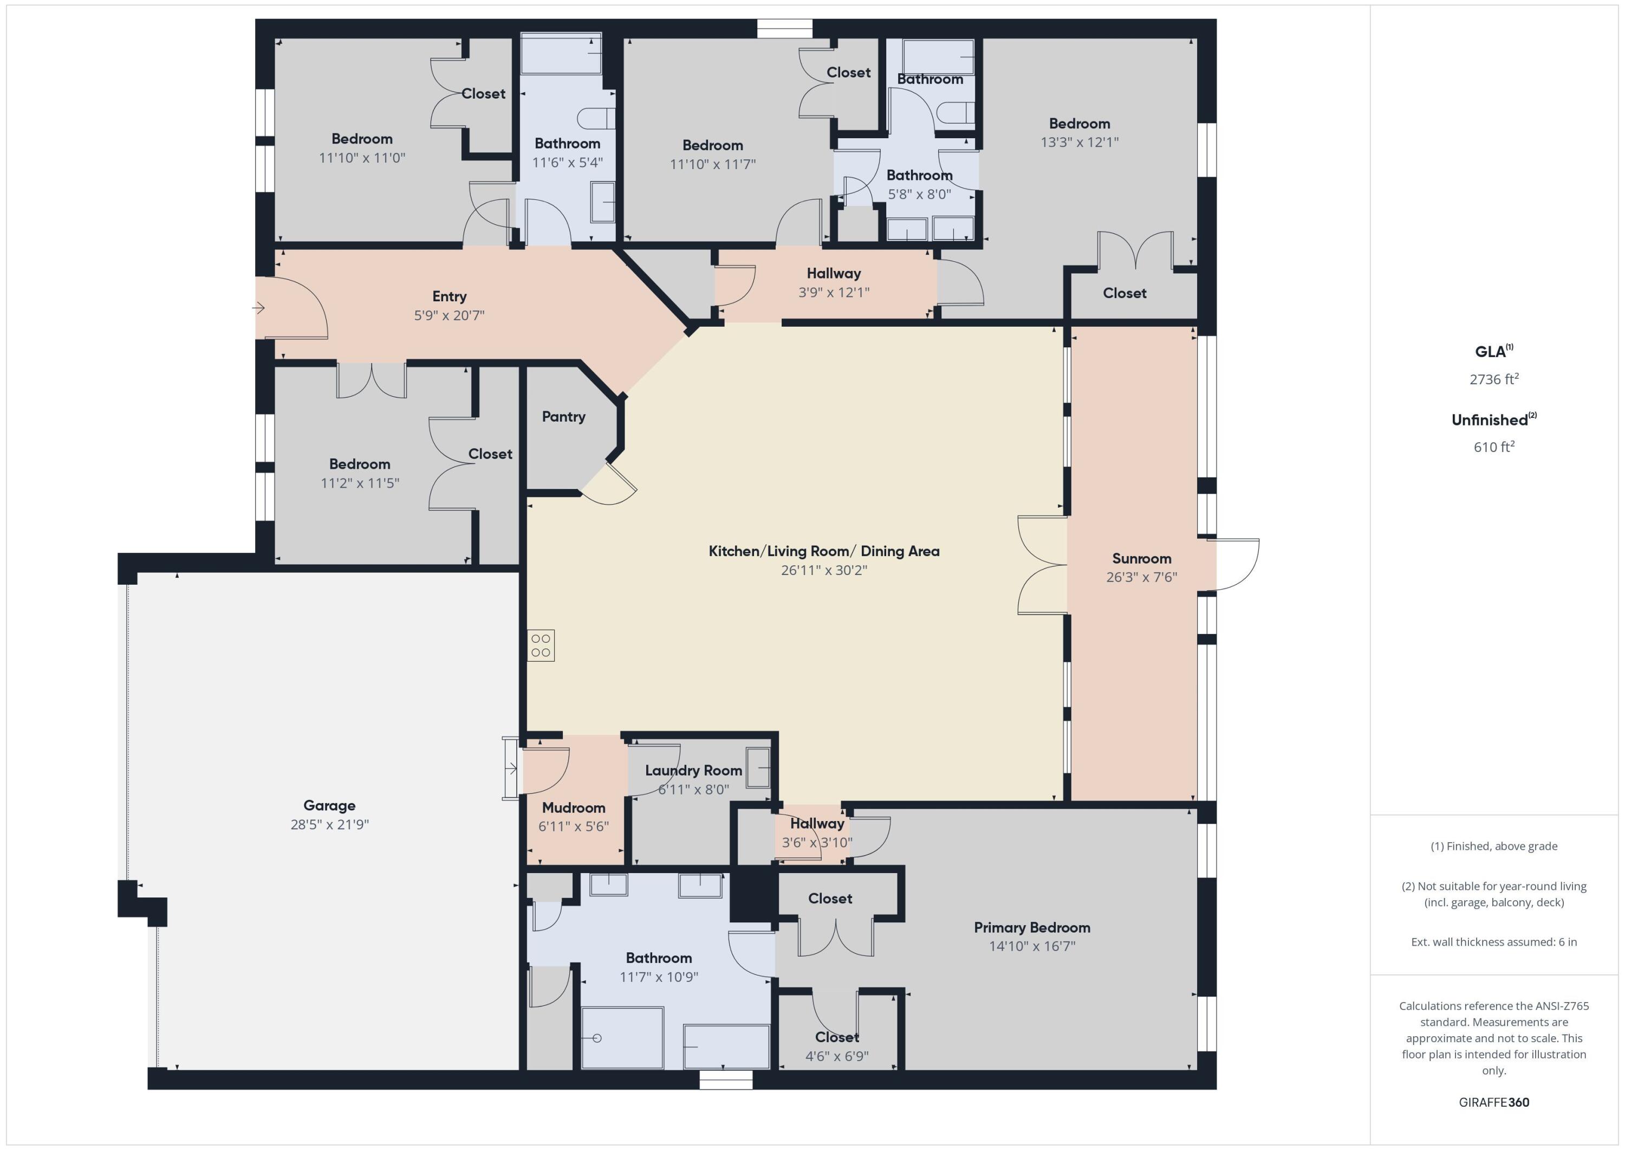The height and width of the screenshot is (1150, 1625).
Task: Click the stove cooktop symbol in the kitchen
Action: click(x=541, y=645)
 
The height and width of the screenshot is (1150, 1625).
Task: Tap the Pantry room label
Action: click(x=563, y=416)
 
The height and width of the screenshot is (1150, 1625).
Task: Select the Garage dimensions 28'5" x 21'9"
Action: click(x=329, y=824)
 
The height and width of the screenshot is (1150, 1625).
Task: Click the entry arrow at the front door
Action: click(x=259, y=308)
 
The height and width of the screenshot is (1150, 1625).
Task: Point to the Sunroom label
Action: click(x=1141, y=558)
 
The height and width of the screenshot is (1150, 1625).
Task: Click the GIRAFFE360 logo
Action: click(x=1493, y=1102)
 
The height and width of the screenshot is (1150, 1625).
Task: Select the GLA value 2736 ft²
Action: click(x=1493, y=379)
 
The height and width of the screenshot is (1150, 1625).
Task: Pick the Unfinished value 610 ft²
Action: click(x=1493, y=447)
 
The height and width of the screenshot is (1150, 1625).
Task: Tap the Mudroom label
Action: click(x=573, y=807)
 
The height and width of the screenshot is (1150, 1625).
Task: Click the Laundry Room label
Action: click(x=693, y=771)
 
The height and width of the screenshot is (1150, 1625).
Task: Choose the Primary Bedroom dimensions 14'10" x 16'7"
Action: click(x=1032, y=946)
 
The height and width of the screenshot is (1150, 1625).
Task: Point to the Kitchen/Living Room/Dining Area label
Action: click(x=824, y=551)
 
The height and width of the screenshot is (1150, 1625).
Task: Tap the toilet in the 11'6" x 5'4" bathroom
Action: click(x=595, y=118)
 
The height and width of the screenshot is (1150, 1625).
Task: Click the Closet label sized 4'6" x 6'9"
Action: click(x=836, y=1037)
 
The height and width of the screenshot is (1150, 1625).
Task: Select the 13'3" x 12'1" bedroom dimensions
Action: click(x=1080, y=143)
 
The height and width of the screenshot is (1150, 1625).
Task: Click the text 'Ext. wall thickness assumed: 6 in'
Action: click(x=1493, y=942)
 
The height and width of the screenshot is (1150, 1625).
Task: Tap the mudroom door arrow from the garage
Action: click(x=512, y=769)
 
